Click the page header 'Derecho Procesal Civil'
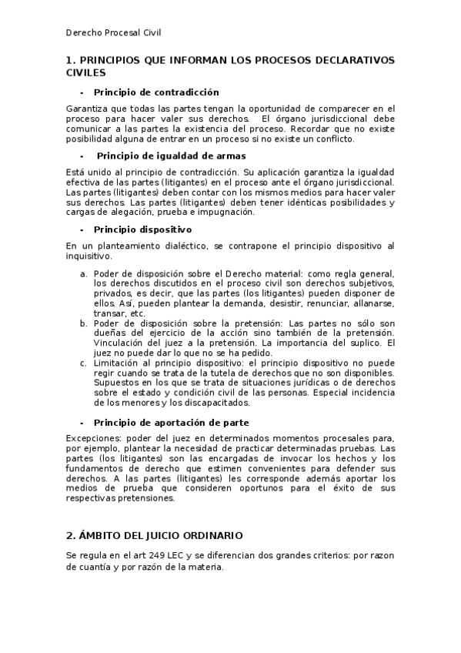[112, 33]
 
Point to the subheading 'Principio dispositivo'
[142, 229]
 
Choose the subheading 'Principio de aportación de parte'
[171, 423]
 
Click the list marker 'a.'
[84, 273]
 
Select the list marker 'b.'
[84, 323]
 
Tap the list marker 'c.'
[84, 363]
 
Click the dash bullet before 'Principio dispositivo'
[82, 229]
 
